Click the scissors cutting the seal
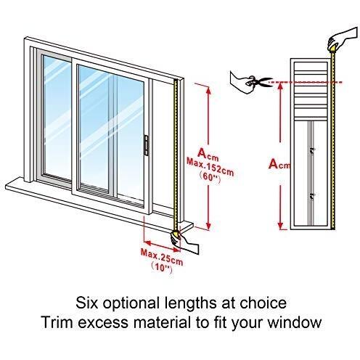(x=259, y=82)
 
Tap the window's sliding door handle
(x=146, y=145)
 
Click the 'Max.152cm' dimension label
(x=210, y=167)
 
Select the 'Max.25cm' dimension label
(x=162, y=257)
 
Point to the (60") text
(x=210, y=179)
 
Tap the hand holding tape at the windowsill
(x=184, y=242)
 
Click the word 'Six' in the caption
(x=86, y=303)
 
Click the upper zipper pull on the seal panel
(x=313, y=150)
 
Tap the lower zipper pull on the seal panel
(x=313, y=197)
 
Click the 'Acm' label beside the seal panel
(x=279, y=164)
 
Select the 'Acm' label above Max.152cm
(x=208, y=154)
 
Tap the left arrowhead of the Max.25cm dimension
(x=147, y=242)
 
